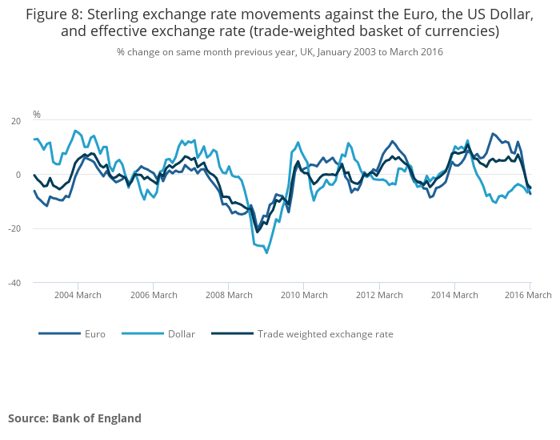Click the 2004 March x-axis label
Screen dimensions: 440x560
tap(78, 295)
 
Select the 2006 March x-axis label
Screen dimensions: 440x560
tap(153, 295)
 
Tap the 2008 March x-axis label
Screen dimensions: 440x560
tap(228, 295)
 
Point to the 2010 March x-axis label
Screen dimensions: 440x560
tap(303, 295)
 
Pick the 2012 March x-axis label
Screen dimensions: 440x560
tap(378, 295)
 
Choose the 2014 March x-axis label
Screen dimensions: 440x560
tap(454, 295)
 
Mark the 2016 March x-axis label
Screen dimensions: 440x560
tap(527, 295)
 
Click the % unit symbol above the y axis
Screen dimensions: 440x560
tap(37, 115)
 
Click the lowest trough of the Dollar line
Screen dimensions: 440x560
tap(266, 252)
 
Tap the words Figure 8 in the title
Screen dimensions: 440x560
tap(58, 14)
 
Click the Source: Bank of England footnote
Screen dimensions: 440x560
tap(74, 418)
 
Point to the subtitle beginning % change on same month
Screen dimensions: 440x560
tap(279, 51)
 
